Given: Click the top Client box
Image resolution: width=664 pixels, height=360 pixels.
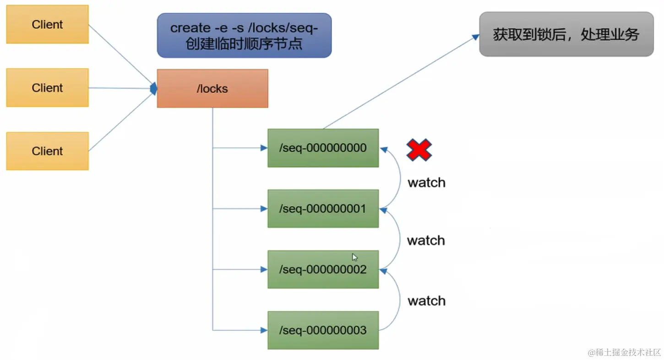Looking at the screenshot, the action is pos(48,24).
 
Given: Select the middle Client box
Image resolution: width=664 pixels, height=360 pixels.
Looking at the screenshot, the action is pos(48,88).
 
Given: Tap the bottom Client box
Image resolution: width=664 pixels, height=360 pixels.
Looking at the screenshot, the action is pos(48,151).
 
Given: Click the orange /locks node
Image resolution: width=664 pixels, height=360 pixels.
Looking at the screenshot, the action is pos(212,88).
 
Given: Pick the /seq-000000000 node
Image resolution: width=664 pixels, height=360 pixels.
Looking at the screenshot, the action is pos(323,148).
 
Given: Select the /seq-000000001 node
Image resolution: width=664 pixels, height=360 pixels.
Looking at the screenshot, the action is pos(323,208).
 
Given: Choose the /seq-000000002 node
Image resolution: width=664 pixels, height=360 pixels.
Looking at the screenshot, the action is pos(323,269).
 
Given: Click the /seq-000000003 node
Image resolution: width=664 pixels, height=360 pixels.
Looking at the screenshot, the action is pos(323,330).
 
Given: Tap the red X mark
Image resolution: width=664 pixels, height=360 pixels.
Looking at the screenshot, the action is pos(419,150).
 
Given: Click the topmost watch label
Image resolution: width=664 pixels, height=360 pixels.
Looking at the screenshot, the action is pos(426,183).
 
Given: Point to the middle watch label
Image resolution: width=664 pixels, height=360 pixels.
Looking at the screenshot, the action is pos(426,240).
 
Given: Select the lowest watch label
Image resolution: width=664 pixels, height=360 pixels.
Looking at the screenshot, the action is pos(426,301).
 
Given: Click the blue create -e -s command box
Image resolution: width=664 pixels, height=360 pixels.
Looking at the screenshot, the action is pos(244,35).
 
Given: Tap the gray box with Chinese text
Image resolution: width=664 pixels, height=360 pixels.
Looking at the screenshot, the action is pos(566,34).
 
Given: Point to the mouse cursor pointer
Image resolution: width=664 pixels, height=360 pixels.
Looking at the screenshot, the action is pos(355,257).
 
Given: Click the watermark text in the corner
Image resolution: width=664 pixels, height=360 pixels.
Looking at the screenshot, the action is pos(624,352).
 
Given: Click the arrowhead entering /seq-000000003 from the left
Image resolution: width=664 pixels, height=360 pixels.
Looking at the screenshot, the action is pos(264,330).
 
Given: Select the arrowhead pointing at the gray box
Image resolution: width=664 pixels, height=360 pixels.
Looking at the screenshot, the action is pos(475,37).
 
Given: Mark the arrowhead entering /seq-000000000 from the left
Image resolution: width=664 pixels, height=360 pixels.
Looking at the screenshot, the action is pos(264,148).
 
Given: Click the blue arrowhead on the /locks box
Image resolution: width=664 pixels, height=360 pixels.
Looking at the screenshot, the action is pos(153,88).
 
